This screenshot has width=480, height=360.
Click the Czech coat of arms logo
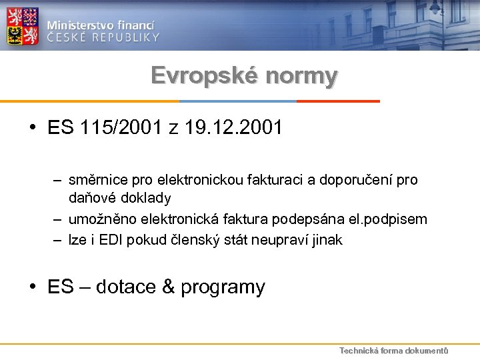23,26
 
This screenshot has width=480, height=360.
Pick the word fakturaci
274,180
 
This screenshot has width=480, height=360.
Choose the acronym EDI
109,240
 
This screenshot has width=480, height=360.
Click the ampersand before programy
169,287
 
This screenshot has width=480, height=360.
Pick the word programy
223,288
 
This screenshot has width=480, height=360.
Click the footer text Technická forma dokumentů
393,351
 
